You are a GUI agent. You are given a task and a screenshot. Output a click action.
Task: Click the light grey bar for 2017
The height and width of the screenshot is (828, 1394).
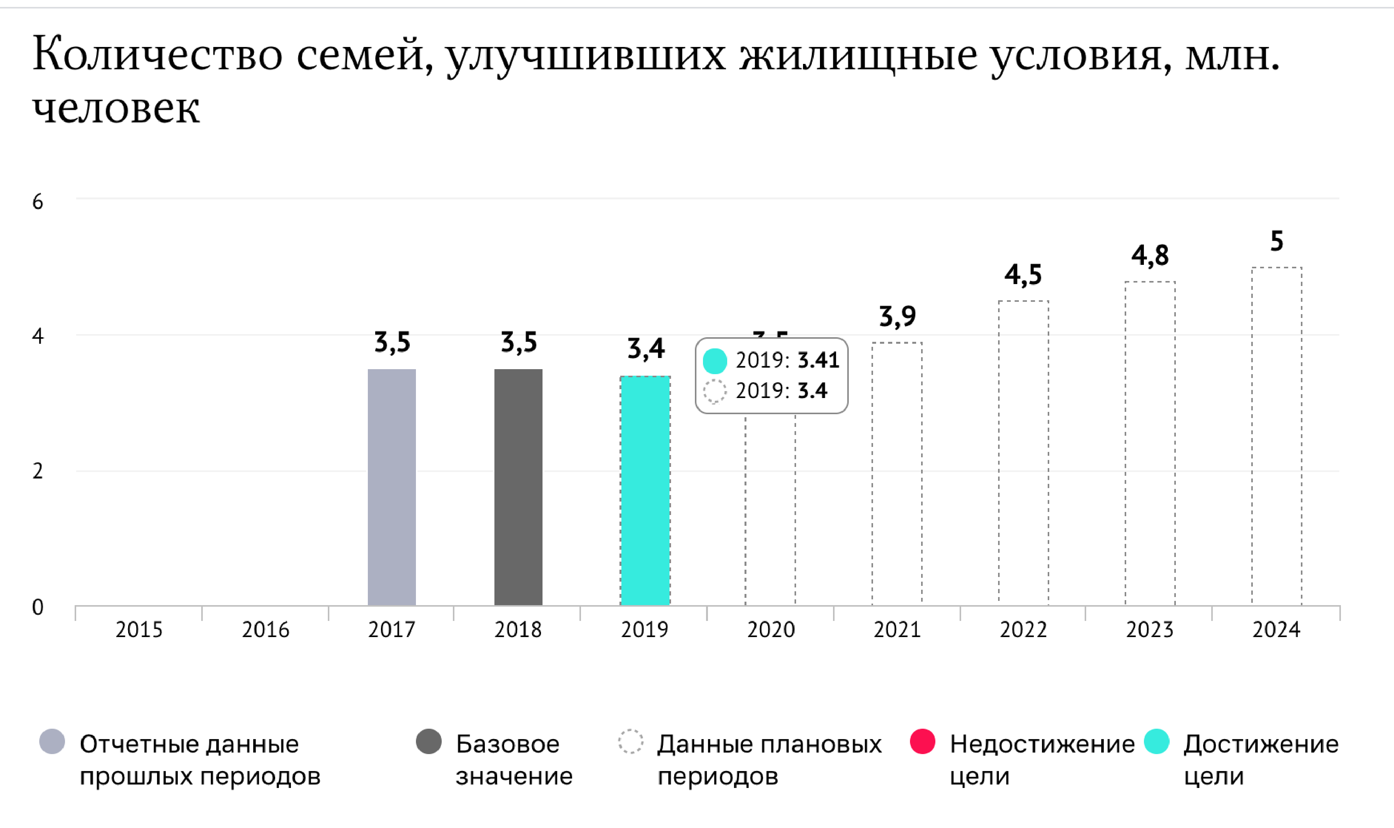(x=391, y=487)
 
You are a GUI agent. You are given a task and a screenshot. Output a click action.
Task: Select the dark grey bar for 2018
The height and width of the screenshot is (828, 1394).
(x=518, y=487)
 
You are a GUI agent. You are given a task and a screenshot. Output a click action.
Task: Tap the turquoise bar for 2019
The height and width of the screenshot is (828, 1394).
(x=645, y=491)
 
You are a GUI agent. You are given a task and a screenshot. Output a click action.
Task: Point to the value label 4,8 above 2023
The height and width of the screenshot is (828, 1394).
(x=1150, y=256)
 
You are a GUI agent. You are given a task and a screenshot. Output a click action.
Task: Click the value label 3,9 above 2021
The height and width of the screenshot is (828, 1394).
(x=897, y=316)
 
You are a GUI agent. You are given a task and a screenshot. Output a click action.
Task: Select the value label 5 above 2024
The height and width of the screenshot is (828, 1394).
(x=1276, y=241)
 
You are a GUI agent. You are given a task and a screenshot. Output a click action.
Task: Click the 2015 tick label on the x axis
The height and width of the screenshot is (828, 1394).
(x=139, y=630)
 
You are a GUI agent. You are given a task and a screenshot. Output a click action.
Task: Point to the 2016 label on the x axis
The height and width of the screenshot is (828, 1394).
(x=265, y=630)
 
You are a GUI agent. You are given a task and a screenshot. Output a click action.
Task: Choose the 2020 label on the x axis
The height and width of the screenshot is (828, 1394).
(x=771, y=630)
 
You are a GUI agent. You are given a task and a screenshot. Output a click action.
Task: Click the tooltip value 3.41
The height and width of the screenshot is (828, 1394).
(x=818, y=360)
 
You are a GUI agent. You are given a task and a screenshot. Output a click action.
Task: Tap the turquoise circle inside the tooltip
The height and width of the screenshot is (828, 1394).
(x=714, y=360)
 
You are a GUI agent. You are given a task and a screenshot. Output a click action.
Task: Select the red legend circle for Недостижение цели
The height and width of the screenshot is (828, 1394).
(x=922, y=741)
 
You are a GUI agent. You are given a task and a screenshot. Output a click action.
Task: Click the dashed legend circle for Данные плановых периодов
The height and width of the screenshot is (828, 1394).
(x=631, y=741)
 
